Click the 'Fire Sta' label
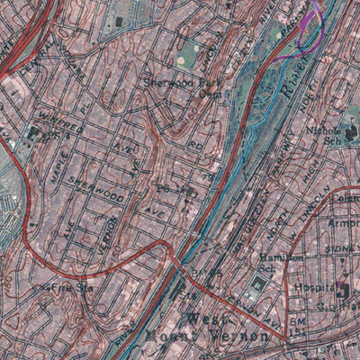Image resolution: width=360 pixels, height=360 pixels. pos(71,290)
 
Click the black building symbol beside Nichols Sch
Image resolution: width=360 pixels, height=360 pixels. pos(350,135)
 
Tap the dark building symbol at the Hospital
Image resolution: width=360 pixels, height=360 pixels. pos(343,290)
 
